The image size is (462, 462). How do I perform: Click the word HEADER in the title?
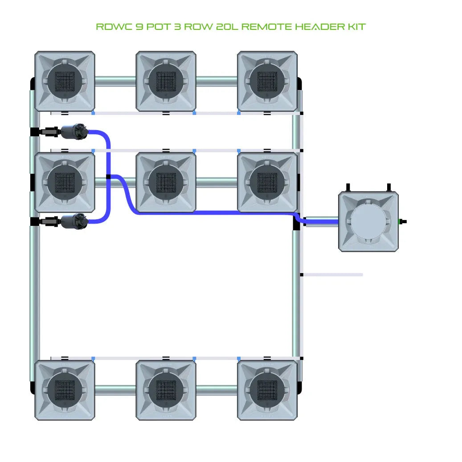tap(311, 27)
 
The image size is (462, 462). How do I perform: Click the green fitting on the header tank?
tap(401, 221)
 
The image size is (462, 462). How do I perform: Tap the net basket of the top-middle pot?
tap(166, 81)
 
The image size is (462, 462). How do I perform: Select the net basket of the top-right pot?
tap(267, 81)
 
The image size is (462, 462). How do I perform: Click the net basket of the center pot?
tap(166, 182)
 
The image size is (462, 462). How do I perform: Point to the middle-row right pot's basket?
tap(267, 182)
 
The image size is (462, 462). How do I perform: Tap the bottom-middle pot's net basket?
tap(166, 390)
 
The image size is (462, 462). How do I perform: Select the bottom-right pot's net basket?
tap(267, 390)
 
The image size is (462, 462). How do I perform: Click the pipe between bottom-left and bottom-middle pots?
tap(115, 390)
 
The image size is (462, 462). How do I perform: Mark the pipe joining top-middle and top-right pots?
tap(217, 81)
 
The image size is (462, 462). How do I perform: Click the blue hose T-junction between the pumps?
tap(109, 177)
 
